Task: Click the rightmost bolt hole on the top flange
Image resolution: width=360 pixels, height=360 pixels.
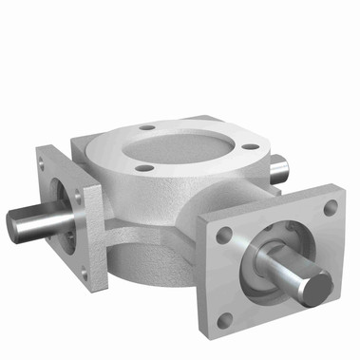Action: coord(249,146)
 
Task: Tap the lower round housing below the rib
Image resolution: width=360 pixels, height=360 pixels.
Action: coord(152,271)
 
